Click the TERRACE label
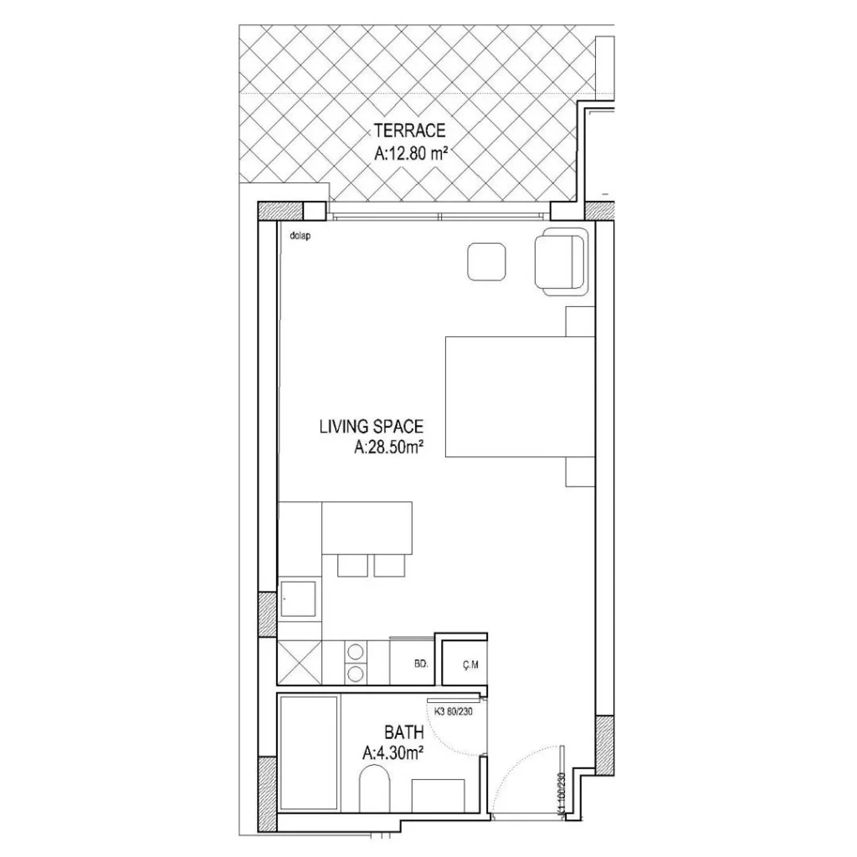(x=409, y=131)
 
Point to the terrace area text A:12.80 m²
(x=411, y=154)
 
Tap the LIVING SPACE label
(x=371, y=426)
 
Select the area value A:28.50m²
(x=389, y=448)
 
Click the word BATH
(x=404, y=731)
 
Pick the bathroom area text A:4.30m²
(x=393, y=754)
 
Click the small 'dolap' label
(x=300, y=236)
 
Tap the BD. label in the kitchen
(x=421, y=665)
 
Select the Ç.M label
(x=470, y=665)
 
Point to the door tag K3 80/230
(x=453, y=711)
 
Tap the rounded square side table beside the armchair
(x=486, y=262)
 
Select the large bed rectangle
(x=520, y=397)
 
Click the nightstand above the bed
(x=580, y=321)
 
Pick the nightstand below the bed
(x=580, y=472)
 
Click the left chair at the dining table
(x=352, y=566)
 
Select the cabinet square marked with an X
(x=300, y=663)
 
